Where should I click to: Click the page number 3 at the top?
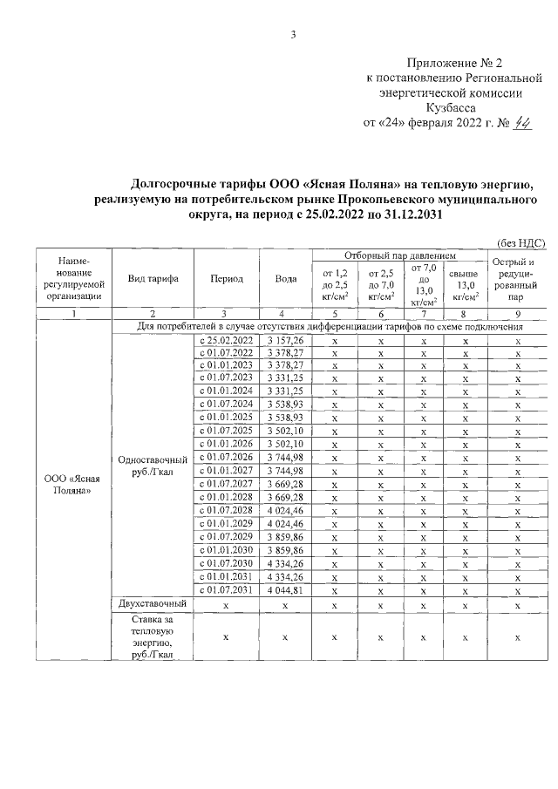click(294, 35)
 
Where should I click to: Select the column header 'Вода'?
click(285, 279)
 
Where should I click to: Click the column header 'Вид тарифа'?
click(153, 279)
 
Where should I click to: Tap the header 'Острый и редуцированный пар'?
click(518, 278)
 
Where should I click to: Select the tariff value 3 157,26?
click(285, 339)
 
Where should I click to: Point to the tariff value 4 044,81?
click(285, 589)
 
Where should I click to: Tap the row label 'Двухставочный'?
click(153, 603)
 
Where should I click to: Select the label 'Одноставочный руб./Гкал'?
click(153, 465)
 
